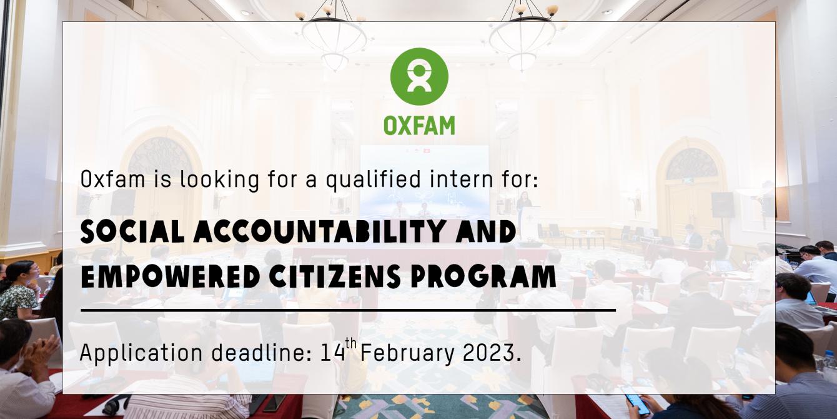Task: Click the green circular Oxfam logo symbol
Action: (419, 76)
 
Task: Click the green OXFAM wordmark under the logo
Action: (419, 126)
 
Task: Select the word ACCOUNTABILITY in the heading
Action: (322, 232)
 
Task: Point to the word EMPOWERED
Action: (171, 276)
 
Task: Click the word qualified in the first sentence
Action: (374, 180)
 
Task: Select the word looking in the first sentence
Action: (219, 180)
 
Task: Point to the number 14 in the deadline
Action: (333, 353)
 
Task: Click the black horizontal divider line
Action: (349, 310)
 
